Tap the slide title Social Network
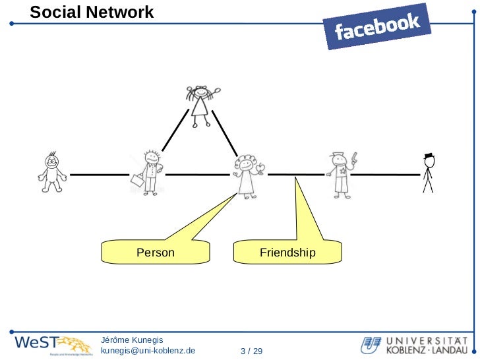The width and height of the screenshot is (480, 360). pyautogui.click(x=92, y=12)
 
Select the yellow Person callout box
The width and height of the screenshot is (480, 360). pyautogui.click(x=156, y=252)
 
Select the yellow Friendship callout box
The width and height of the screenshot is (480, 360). pyautogui.click(x=287, y=252)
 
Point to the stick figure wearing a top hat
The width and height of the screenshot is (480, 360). pyautogui.click(x=428, y=173)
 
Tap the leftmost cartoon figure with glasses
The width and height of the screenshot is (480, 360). pyautogui.click(x=51, y=173)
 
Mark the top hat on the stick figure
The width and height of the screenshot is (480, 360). pyautogui.click(x=428, y=156)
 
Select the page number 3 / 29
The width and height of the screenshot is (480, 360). pyautogui.click(x=252, y=350)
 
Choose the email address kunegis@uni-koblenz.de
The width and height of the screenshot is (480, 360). pyautogui.click(x=148, y=350)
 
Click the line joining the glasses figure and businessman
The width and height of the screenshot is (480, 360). pyautogui.click(x=99, y=175)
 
